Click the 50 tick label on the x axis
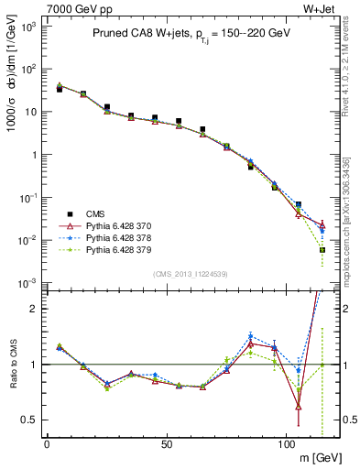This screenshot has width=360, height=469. [167, 444]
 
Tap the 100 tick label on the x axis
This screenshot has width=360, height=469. [286, 444]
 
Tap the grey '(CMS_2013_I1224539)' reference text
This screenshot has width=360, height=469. [191, 273]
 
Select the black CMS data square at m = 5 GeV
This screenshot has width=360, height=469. [60, 89]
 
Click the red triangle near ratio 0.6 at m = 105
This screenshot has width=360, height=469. [299, 407]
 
